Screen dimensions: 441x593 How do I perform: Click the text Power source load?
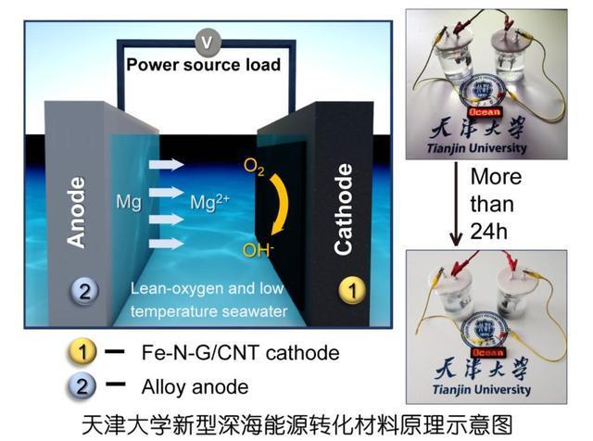tap(204, 65)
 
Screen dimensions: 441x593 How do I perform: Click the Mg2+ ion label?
tap(212, 198)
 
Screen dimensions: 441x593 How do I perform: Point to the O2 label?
tap(253, 168)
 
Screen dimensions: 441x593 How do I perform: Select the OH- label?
tap(257, 247)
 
